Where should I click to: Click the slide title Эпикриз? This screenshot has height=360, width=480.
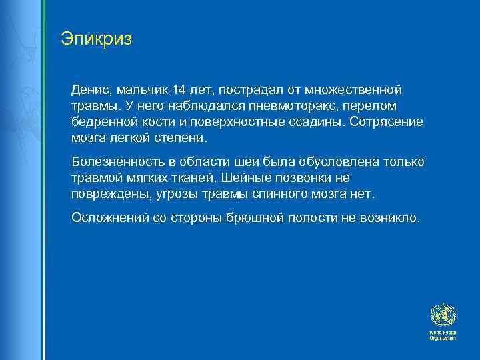pyautogui.click(x=96, y=38)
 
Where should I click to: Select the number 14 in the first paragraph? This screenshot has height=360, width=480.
pyautogui.click(x=178, y=90)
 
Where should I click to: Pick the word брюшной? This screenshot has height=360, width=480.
pyautogui.click(x=261, y=218)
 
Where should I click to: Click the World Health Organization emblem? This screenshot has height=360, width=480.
pyautogui.click(x=442, y=315)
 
